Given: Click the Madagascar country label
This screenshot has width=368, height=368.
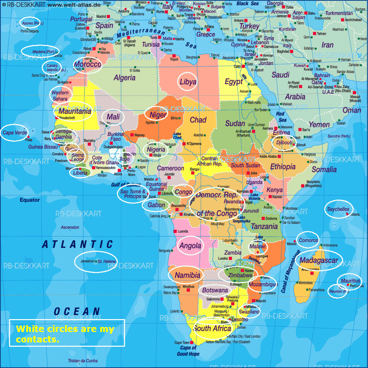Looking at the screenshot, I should (x=319, y=260).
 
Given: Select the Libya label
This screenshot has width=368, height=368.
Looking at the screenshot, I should (x=188, y=82).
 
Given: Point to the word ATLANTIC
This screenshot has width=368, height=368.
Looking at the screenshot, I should (x=78, y=245).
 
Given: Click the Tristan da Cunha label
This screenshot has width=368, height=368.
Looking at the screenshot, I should (x=83, y=361).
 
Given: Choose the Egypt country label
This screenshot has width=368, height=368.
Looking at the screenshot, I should (x=234, y=82).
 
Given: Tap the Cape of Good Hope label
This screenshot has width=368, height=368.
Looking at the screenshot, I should (x=188, y=351).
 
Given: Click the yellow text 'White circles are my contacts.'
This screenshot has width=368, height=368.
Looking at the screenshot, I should (x=65, y=334).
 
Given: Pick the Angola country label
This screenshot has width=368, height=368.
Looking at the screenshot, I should (x=190, y=246).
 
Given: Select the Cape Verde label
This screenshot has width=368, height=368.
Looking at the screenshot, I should (x=15, y=132).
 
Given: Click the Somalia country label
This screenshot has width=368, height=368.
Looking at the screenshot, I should (x=324, y=169).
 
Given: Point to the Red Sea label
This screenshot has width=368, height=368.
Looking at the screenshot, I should (x=281, y=117).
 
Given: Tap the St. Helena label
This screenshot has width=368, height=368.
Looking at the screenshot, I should (x=107, y=261).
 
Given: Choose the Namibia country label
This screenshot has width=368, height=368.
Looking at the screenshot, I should (x=187, y=276).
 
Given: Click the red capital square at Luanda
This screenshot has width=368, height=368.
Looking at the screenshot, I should (x=175, y=231).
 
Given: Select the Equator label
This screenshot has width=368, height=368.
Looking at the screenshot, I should (x=29, y=200).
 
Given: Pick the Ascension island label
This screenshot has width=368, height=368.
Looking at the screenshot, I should (x=70, y=227).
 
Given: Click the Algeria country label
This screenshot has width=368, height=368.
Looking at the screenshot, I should (x=124, y=78).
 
